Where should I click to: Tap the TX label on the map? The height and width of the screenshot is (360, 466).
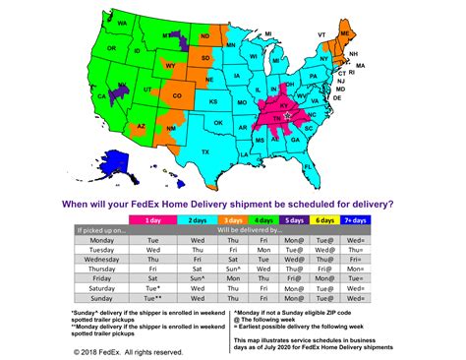point(204,152)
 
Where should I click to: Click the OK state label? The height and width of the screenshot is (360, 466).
point(214,124)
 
